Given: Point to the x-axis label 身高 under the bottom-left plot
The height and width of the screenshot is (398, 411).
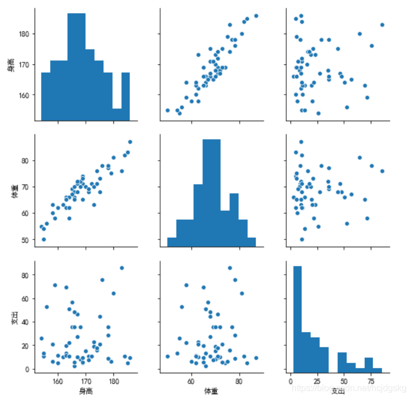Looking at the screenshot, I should coord(85,390).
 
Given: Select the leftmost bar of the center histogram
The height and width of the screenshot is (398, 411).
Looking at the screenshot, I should coord(172,242).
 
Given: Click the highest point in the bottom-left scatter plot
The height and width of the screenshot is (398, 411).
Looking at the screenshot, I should coord(122,268).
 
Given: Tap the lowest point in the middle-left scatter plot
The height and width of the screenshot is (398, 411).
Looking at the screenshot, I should coord(44,239).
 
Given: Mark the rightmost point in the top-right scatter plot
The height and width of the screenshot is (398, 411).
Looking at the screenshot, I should coord(382,25).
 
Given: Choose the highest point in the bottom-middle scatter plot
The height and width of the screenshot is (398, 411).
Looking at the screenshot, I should coord(230,268).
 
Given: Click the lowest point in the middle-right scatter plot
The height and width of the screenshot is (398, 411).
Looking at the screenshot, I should coord(302,239).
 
